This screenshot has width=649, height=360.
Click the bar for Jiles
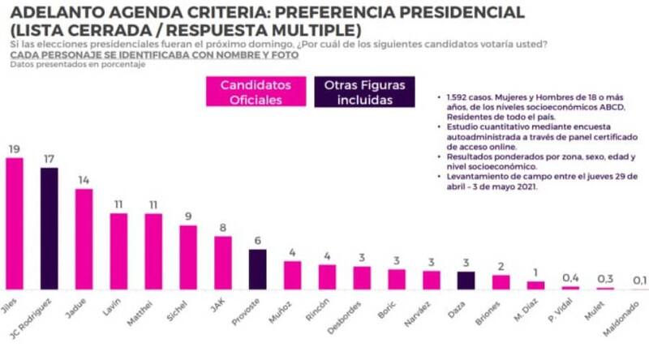(x=15, y=223)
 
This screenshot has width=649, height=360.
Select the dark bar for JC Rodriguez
(x=49, y=228)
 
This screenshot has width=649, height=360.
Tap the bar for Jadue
(x=84, y=238)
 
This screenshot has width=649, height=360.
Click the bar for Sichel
(x=188, y=257)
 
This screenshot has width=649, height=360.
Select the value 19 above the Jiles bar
(x=14, y=148)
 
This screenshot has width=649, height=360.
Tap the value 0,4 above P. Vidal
(x=571, y=278)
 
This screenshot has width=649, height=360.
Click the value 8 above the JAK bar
(x=222, y=228)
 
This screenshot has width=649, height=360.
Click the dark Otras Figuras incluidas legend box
(x=364, y=92)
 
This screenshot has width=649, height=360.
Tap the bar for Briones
(x=501, y=282)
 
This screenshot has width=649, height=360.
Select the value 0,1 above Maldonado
(x=639, y=281)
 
